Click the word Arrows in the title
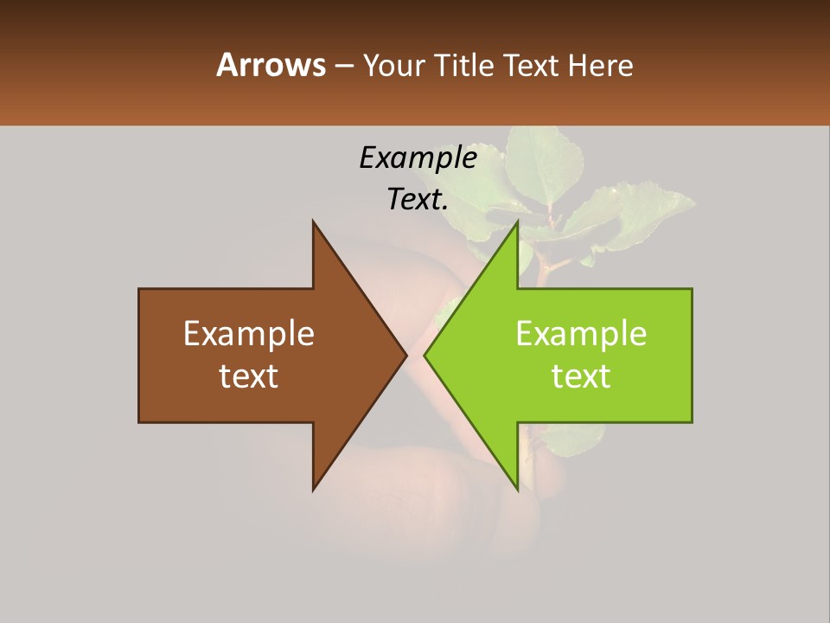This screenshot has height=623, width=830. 270,65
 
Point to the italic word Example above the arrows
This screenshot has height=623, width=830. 418,157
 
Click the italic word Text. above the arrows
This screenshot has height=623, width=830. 418,200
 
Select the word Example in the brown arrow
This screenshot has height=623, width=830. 248,333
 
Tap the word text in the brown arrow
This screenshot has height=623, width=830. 248,376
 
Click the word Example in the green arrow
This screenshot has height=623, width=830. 581,333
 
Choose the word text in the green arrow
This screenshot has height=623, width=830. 581,376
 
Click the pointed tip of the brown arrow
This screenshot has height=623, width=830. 406,355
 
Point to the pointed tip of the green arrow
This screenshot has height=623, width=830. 425,355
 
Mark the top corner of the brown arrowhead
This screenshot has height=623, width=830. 313,222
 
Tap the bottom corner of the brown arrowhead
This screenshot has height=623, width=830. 313,490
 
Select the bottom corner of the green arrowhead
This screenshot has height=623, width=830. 517,490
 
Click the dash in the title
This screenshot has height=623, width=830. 343,66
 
